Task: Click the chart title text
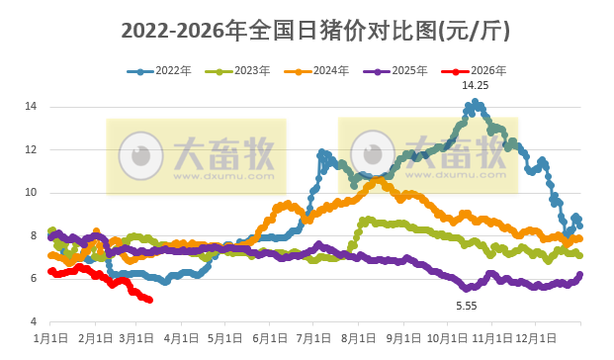[x=315, y=31]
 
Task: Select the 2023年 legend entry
[x=241, y=71]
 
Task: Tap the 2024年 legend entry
[x=318, y=71]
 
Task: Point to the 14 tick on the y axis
[x=32, y=106]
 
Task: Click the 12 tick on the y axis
[x=32, y=149]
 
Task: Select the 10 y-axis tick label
[x=32, y=193]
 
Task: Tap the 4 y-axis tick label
[x=34, y=322]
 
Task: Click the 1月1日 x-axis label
[x=49, y=339]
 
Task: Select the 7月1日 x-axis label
[x=313, y=339]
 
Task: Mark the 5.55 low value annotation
[x=466, y=306]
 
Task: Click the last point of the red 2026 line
[x=149, y=300]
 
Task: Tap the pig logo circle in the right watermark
[x=373, y=153]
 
